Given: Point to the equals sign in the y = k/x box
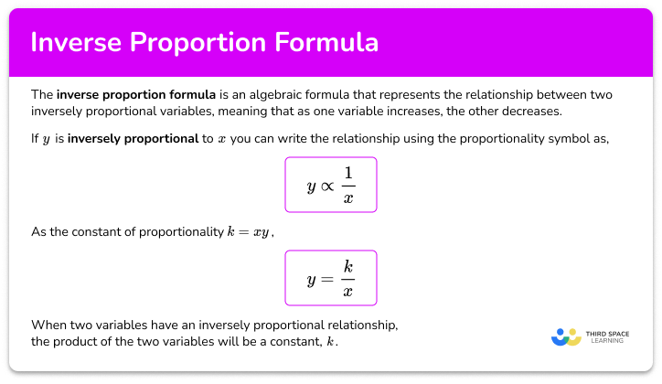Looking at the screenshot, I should tap(328, 279).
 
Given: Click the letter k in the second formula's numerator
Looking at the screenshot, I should tap(348, 267).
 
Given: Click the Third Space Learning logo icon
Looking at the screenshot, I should tap(567, 336).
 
